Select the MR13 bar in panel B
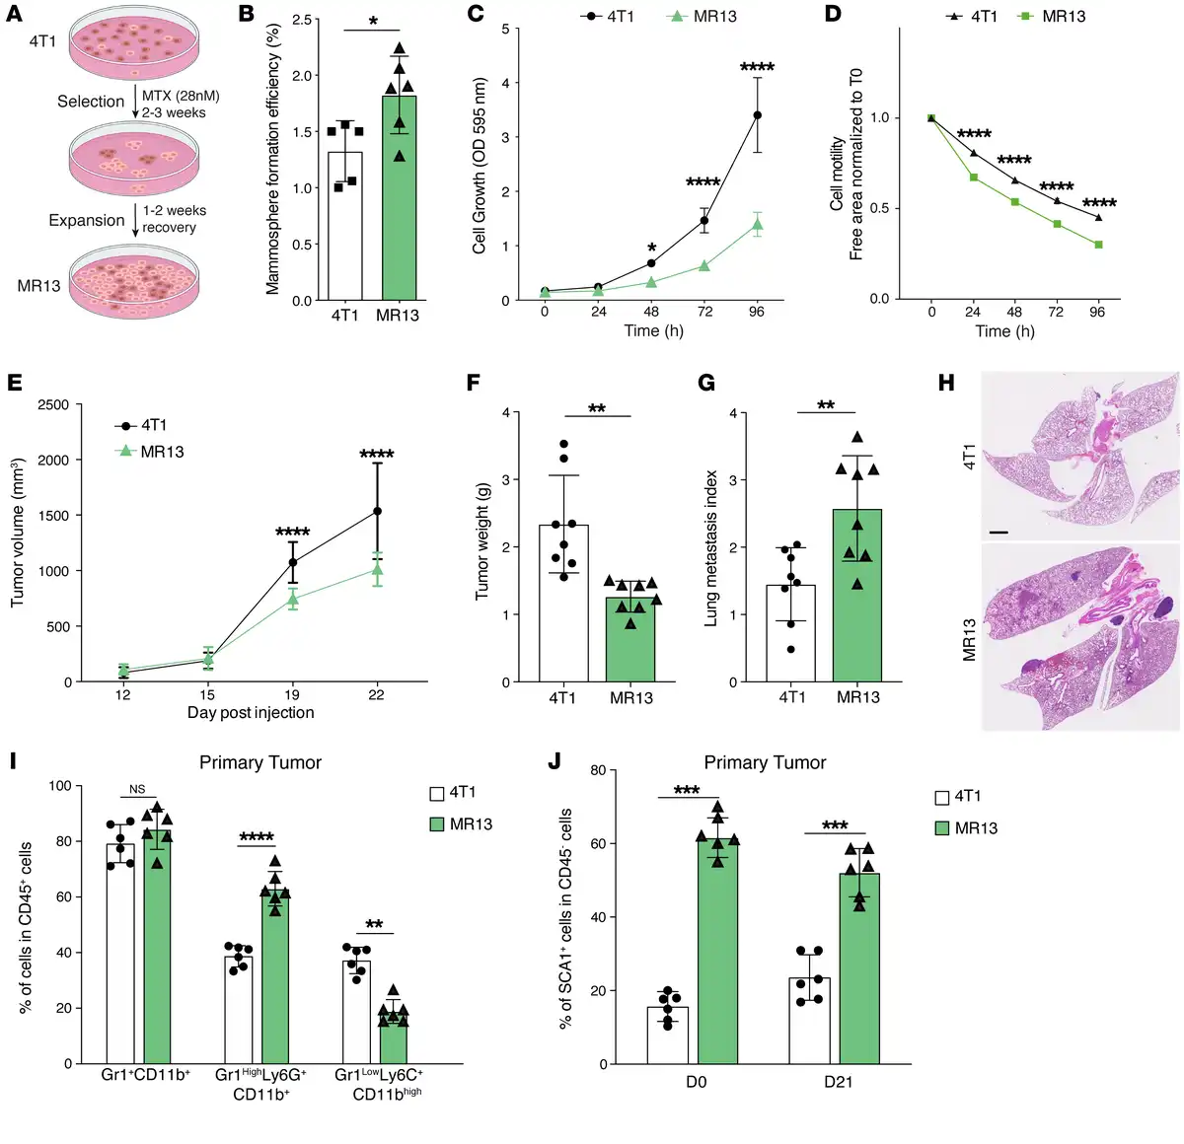[x=399, y=197]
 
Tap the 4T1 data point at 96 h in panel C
[x=757, y=115]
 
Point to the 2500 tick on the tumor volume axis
[x=53, y=404]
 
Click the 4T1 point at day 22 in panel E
[x=377, y=511]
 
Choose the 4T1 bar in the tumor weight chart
[x=563, y=603]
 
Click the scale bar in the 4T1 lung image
[x=998, y=533]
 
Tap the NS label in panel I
[x=137, y=789]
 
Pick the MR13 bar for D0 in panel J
[x=717, y=952]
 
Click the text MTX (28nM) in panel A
[x=181, y=96]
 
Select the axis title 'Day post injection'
[x=251, y=712]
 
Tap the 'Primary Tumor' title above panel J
[x=765, y=762]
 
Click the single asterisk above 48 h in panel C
[x=651, y=248]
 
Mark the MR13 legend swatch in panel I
[x=437, y=823]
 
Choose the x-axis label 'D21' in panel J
[x=838, y=1082]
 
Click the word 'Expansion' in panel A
[x=87, y=220]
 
